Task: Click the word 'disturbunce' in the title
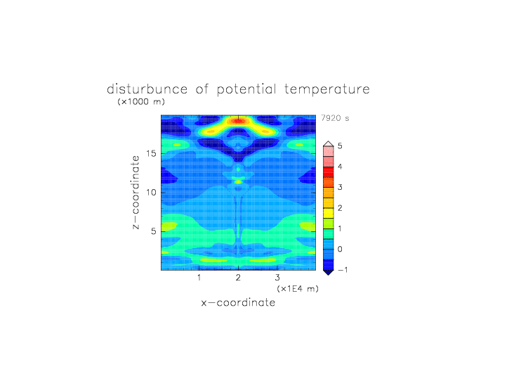point(147,89)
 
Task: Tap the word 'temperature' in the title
point(327,89)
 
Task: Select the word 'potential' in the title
point(246,90)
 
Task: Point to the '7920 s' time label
point(335,118)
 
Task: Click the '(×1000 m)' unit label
point(141,101)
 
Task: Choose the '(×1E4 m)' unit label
point(297,289)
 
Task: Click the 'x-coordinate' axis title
point(238,302)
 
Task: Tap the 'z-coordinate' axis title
point(136,193)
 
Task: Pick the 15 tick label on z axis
point(151,153)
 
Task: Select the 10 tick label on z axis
point(151,193)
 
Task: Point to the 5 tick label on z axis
point(154,231)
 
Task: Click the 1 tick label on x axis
point(199,278)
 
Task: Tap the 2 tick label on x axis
point(238,278)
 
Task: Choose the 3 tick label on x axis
point(277,278)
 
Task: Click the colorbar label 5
point(340,146)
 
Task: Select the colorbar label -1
point(343,270)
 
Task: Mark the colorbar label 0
point(340,250)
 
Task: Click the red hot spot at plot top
point(239,121)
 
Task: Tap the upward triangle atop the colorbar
point(329,144)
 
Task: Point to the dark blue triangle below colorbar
point(329,273)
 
